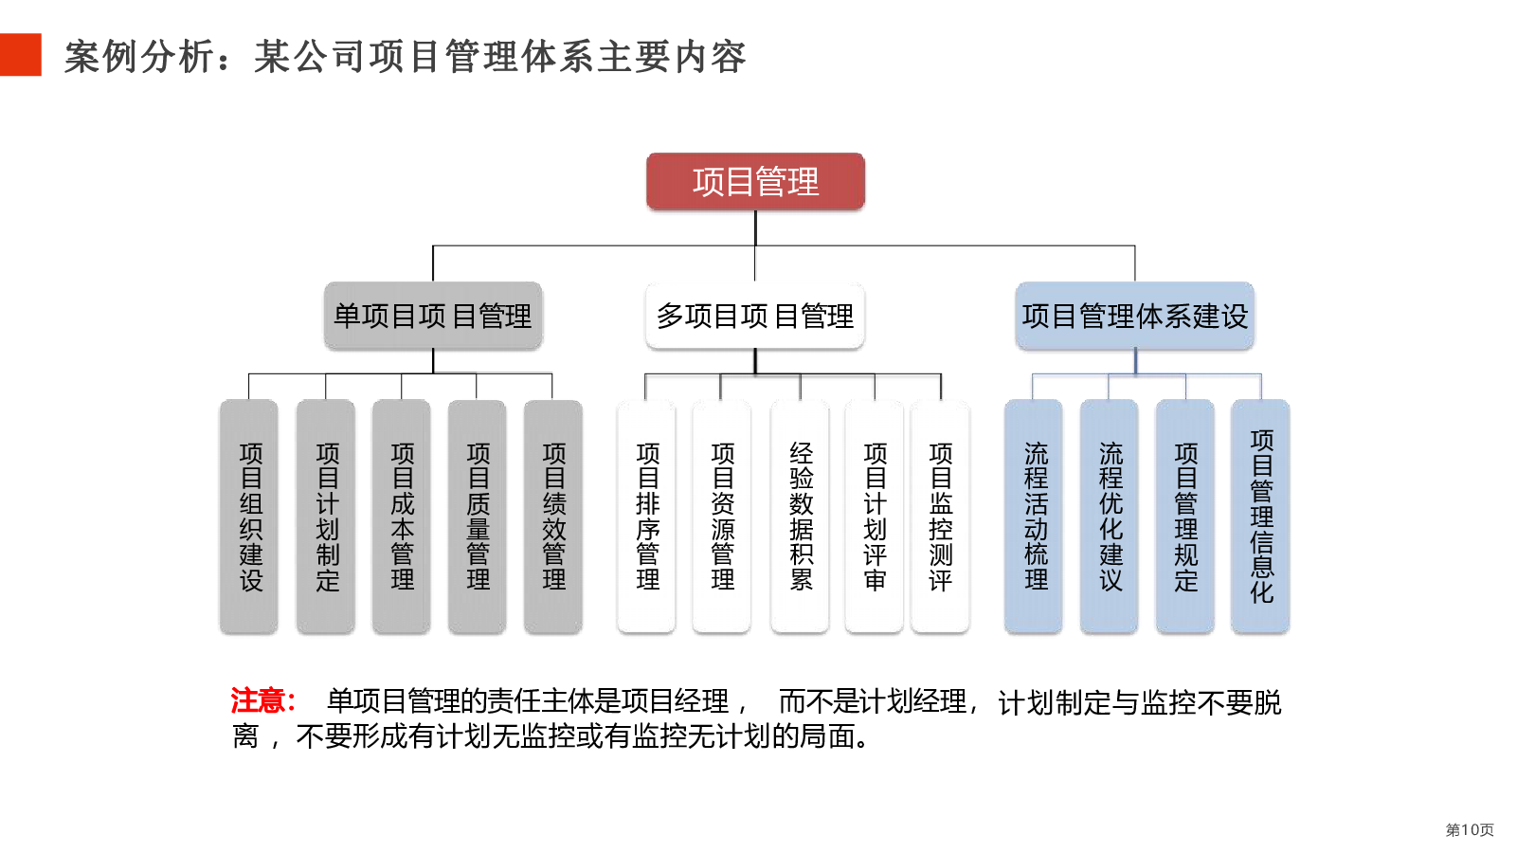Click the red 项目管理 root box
point(755,181)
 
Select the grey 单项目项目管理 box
point(433,316)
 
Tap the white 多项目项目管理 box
point(755,316)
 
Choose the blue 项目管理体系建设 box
point(1134,316)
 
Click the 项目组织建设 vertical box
point(249,517)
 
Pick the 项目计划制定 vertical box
point(326,517)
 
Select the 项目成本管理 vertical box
point(402,517)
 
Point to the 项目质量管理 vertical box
point(477,517)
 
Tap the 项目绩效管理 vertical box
point(552,517)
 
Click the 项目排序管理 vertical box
point(646,517)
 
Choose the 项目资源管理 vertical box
point(721,517)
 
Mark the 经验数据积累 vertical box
point(800,517)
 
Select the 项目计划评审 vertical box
point(874,517)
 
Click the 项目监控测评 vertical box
point(940,517)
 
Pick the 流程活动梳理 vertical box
point(1034,517)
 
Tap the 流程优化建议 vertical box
point(1109,517)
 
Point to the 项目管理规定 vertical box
point(1184,517)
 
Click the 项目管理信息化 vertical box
point(1260,517)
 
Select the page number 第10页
point(1469,830)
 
